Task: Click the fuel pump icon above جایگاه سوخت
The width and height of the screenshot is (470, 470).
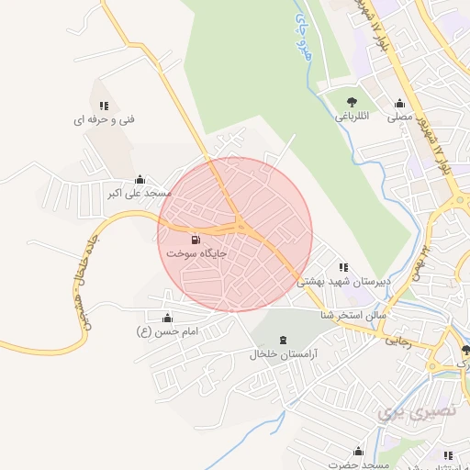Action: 195,240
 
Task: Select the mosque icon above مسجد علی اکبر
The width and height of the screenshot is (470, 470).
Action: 139,180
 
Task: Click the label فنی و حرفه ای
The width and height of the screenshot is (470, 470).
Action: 105,119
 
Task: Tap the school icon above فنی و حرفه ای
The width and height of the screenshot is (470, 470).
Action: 105,106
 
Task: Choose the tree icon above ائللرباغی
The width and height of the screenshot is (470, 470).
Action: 351,103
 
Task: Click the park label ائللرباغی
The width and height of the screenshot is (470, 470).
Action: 350,117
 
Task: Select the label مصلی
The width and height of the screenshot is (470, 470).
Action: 399,117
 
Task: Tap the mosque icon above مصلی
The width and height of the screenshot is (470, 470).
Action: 399,103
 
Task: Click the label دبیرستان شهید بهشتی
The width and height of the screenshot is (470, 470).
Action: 342,281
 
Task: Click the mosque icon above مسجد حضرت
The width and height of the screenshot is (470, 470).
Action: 358,451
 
